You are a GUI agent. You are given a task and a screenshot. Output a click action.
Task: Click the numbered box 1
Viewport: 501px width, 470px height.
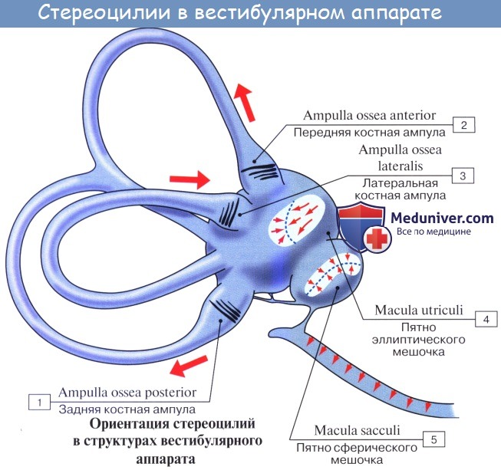click(36, 401)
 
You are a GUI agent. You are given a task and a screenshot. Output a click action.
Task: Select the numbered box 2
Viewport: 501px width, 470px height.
click(463, 123)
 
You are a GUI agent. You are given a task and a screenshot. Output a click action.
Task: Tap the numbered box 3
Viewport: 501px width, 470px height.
click(463, 176)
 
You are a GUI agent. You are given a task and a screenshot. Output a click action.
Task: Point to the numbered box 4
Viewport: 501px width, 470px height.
click(484, 317)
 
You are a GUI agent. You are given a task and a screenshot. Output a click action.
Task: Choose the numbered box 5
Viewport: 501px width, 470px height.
click(434, 439)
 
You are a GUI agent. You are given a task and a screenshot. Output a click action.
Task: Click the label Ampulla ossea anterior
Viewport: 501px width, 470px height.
click(369, 116)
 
